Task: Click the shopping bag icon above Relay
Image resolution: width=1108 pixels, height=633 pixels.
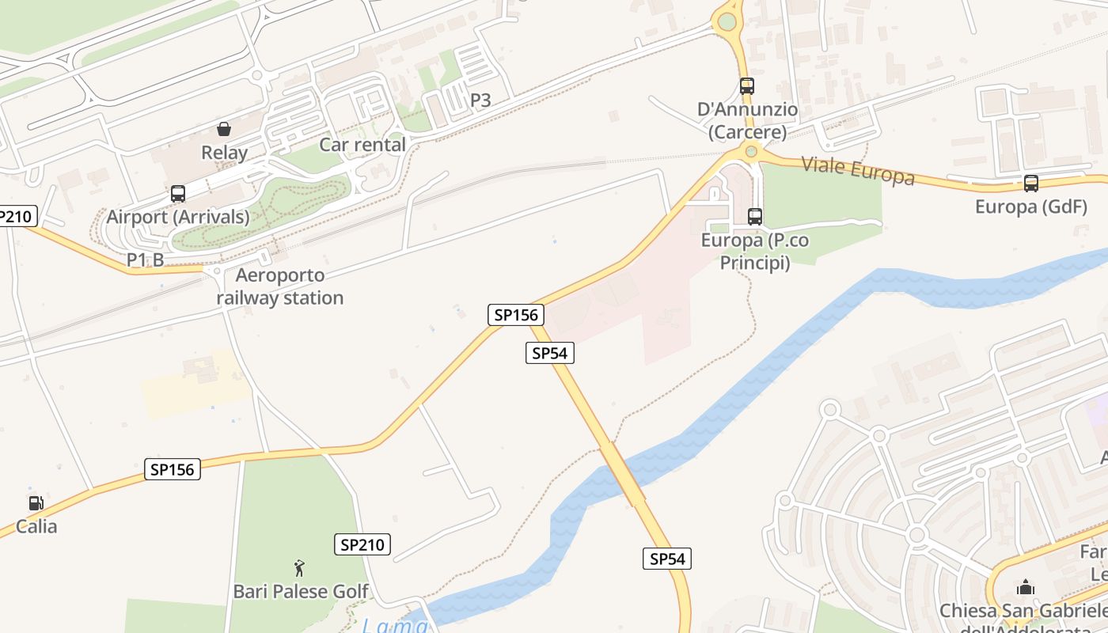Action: (224, 129)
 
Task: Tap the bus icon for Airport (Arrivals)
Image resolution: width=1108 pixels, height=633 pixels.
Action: (178, 194)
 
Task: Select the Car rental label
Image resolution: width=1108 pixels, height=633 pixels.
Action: (362, 145)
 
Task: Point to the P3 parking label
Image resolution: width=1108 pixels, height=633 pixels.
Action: (480, 100)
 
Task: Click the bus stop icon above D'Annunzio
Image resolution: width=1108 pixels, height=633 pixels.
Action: (747, 86)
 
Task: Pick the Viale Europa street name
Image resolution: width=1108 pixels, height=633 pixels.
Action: (858, 170)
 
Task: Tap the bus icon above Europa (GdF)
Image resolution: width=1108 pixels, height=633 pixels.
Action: (1030, 184)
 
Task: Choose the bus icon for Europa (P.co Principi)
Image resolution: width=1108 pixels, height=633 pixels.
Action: (755, 216)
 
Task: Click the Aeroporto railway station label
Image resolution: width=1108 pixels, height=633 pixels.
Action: (279, 286)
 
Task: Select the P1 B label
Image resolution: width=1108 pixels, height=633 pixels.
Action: (146, 260)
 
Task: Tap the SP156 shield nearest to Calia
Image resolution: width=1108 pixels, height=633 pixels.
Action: (173, 469)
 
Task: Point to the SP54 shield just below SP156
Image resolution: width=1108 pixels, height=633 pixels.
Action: (550, 353)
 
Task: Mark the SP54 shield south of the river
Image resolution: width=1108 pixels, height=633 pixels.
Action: (666, 559)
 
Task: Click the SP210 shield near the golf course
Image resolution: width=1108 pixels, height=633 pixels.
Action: (362, 544)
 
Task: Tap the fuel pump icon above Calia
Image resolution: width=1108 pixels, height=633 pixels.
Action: (36, 503)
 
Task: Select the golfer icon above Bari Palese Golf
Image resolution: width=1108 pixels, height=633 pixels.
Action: (299, 567)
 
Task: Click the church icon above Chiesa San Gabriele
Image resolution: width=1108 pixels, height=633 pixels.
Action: (1026, 587)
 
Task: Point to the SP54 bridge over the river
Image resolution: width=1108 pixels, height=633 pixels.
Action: (622, 474)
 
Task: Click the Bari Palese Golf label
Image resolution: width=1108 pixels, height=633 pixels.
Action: (301, 591)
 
